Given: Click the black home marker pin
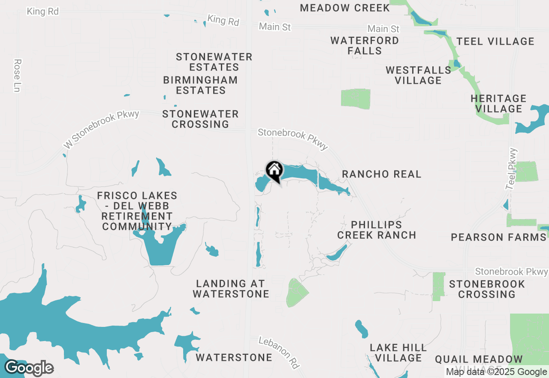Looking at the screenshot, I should [x=274, y=171].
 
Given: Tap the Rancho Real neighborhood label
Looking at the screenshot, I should [x=381, y=174].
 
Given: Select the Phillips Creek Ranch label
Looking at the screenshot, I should [x=377, y=230].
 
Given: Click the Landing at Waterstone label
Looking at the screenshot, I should [x=231, y=289].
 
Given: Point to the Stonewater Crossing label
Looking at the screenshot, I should [x=200, y=119].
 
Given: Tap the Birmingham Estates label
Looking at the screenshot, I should [x=200, y=85].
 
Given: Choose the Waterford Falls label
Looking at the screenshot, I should [x=365, y=46].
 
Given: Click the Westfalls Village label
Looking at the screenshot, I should [x=418, y=75].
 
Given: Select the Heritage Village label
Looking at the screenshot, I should [x=498, y=104].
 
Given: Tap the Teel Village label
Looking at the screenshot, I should [x=495, y=41].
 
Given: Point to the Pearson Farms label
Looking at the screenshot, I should [x=498, y=237].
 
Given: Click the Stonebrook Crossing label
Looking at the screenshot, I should [x=487, y=289].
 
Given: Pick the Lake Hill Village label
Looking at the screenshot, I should [x=398, y=353].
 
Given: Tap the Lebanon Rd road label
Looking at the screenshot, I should [x=279, y=353].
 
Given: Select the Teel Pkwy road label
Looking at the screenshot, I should [x=512, y=169].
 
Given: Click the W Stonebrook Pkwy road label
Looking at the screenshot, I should [x=101, y=130].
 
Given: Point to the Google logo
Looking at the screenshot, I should [x=29, y=368].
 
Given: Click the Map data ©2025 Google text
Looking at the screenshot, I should [x=496, y=372].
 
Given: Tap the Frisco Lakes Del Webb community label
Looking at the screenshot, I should [x=137, y=211].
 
